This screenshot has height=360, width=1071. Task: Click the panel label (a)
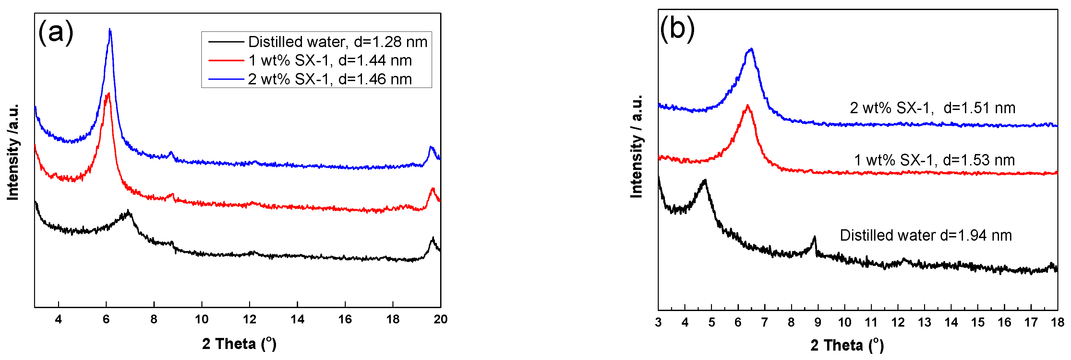point(56,32)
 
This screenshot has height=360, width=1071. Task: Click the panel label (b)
point(677,29)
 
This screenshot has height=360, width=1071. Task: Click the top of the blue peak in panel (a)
point(110,30)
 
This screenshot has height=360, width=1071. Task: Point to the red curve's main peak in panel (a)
point(108,94)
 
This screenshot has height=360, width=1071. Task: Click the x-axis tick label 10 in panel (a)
point(202,319)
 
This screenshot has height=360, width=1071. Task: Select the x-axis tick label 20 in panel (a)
point(440,319)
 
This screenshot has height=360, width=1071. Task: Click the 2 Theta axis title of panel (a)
point(239,344)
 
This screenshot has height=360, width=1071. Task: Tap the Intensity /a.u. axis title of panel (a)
point(13,152)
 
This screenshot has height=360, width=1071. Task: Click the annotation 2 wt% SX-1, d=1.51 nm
point(933,108)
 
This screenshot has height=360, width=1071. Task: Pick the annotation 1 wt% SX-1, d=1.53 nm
point(934,160)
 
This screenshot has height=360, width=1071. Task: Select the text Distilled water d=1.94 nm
point(925,235)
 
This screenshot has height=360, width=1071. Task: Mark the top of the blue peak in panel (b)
point(751,50)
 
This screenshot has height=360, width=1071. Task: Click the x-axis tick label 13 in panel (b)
point(924,322)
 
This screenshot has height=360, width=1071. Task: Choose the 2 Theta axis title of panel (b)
point(847,345)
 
